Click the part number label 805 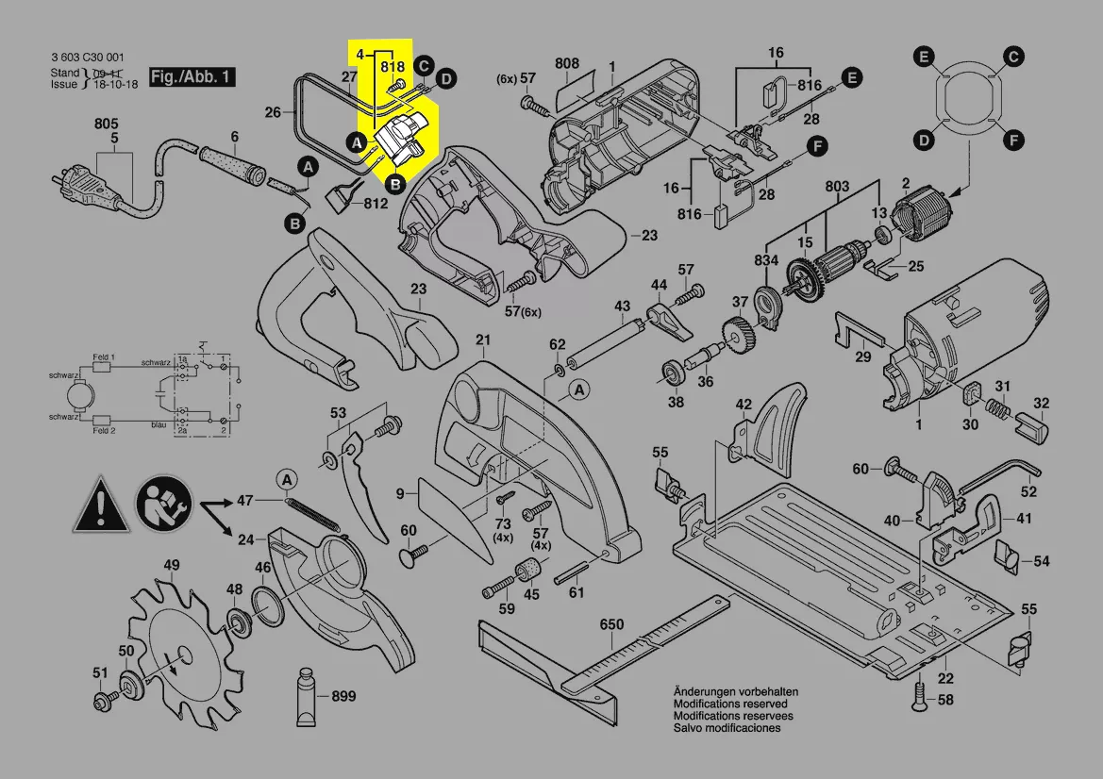[x=106, y=124]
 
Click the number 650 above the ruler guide [x=612, y=625]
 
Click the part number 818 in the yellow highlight [x=393, y=68]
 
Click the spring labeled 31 [x=995, y=408]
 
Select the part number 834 [x=766, y=260]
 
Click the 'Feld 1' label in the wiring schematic [x=104, y=357]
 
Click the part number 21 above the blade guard [x=483, y=340]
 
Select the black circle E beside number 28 [x=851, y=78]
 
